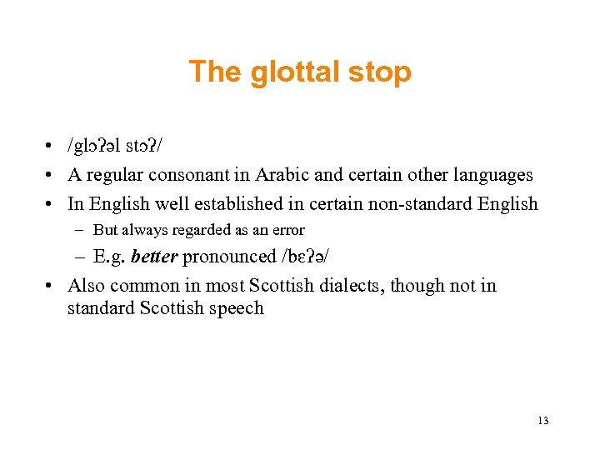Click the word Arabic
pos(296,175)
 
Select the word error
pos(288,230)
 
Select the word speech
pos(237,307)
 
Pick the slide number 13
pos(543,420)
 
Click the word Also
pos(86,285)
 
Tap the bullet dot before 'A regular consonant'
pos(51,176)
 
